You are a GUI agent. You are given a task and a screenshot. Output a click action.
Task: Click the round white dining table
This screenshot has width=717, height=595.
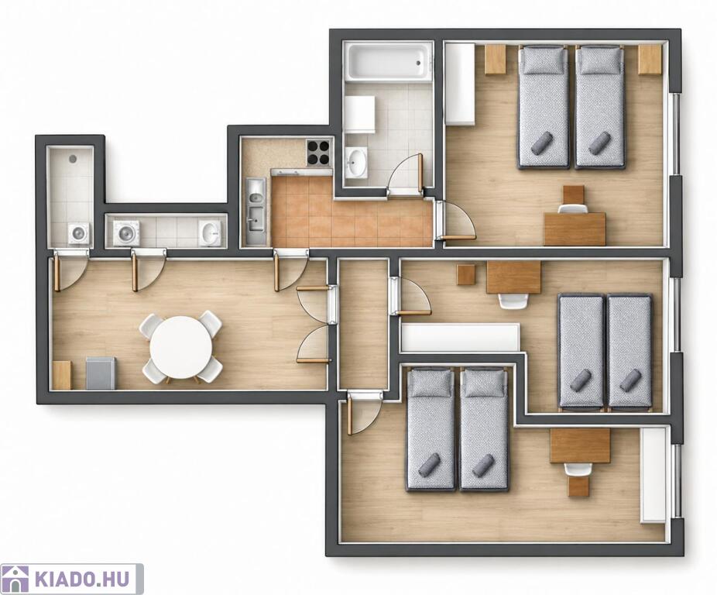tap(181, 348)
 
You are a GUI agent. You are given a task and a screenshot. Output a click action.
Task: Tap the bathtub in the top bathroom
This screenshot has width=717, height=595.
tap(389, 61)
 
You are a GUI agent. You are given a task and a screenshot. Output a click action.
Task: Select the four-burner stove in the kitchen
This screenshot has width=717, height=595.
tap(319, 153)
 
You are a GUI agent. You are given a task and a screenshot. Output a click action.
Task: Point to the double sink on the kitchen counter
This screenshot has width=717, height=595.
tap(256, 211)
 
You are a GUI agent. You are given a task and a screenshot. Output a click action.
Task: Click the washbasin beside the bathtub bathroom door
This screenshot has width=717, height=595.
tap(356, 162)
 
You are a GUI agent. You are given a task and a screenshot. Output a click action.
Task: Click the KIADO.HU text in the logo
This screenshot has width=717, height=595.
tap(82, 579)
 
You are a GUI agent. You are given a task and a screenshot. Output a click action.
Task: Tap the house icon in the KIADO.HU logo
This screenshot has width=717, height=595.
tap(16, 579)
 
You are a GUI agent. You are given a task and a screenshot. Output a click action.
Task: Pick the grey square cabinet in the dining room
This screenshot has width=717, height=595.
tap(101, 373)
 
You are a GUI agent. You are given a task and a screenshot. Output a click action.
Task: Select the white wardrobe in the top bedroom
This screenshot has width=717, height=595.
tap(460, 83)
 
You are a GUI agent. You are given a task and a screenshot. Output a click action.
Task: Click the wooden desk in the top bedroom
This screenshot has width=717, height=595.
tap(575, 229)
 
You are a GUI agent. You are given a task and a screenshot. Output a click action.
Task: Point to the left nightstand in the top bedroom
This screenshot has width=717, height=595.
tap(496, 59)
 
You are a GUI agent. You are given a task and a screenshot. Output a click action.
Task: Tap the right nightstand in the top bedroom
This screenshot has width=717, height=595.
tap(650, 59)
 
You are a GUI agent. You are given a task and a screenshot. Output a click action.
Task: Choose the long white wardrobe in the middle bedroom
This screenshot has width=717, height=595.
tap(460, 337)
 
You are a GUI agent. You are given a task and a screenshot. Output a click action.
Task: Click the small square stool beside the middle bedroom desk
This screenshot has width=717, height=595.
tap(467, 275)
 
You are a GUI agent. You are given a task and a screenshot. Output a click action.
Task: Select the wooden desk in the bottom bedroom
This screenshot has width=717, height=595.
tap(580, 445)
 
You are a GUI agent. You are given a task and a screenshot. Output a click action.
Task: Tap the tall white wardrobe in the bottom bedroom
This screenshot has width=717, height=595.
tap(653, 475)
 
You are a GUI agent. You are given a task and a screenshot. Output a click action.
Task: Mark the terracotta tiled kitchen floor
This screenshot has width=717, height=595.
tap(352, 212)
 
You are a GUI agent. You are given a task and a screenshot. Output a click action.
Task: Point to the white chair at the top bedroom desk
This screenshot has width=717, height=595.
tap(574, 208)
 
